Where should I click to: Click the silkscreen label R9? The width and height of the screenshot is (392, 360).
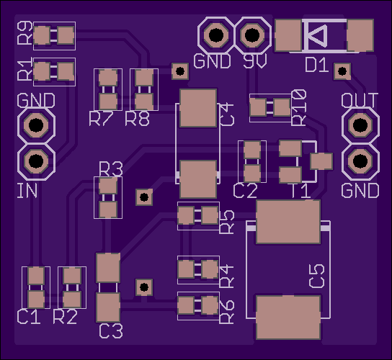(x=25, y=32)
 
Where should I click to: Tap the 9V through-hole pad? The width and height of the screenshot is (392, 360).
(x=252, y=35)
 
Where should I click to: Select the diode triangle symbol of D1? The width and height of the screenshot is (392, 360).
(x=317, y=35)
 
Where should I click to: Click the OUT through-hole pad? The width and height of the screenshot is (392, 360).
(x=360, y=125)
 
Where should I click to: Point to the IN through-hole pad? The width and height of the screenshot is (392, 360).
(x=36, y=161)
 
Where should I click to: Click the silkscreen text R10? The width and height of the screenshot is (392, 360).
(x=299, y=107)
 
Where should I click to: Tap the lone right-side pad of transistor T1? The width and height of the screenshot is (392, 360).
(x=321, y=161)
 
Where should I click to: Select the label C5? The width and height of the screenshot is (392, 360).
(x=317, y=276)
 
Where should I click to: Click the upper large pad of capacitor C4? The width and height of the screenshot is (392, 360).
(x=198, y=108)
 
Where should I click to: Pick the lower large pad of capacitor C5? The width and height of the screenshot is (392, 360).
(x=288, y=318)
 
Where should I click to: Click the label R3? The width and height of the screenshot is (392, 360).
(x=111, y=169)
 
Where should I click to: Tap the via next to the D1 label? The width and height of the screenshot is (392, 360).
(x=342, y=71)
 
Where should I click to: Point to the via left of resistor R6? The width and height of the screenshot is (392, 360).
(x=144, y=287)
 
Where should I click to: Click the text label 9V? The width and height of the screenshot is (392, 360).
(x=255, y=61)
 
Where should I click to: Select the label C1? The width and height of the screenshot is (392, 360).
(x=29, y=317)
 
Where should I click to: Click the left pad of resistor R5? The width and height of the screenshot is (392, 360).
(x=186, y=215)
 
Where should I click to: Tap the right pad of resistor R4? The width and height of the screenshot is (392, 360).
(x=210, y=269)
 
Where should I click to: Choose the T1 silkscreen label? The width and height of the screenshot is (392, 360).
(x=301, y=192)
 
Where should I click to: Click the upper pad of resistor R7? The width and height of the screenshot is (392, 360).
(x=108, y=78)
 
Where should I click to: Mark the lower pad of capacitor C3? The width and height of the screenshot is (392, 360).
(x=108, y=307)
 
